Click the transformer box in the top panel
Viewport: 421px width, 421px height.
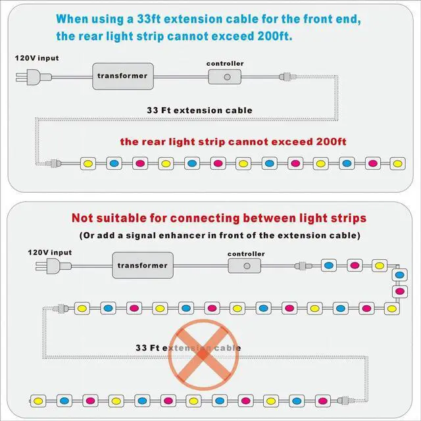(x=122, y=76)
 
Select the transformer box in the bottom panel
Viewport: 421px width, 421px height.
(x=142, y=265)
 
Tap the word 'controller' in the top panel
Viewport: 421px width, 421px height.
(x=225, y=64)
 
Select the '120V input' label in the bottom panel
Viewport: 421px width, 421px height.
(x=49, y=252)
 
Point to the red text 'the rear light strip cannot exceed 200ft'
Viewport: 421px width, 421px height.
(x=234, y=141)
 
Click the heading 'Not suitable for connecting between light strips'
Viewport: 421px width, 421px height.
(x=219, y=218)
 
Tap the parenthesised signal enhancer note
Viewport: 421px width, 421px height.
(x=219, y=235)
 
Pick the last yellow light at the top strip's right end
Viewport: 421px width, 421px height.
(x=396, y=162)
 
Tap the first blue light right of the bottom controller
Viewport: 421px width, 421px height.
(x=328, y=266)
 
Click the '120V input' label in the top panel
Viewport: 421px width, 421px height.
(x=37, y=58)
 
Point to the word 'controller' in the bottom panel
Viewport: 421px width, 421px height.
(x=246, y=253)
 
